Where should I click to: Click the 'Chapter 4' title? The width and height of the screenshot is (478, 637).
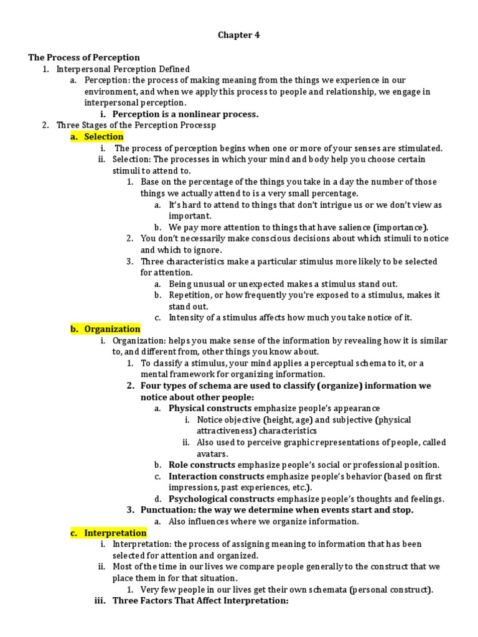(238, 35)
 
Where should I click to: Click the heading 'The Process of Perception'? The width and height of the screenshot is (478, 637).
(84, 58)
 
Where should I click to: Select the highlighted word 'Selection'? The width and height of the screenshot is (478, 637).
(104, 137)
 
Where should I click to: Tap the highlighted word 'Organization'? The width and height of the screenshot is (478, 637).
(112, 329)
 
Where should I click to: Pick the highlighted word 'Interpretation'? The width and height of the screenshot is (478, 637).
(115, 533)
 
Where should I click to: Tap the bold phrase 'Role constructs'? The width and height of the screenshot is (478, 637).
(202, 465)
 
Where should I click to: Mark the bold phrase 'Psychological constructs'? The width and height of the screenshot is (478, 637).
(221, 499)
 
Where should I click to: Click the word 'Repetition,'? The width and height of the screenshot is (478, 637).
(193, 295)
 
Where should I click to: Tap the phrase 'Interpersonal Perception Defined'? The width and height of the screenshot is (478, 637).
(123, 69)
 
